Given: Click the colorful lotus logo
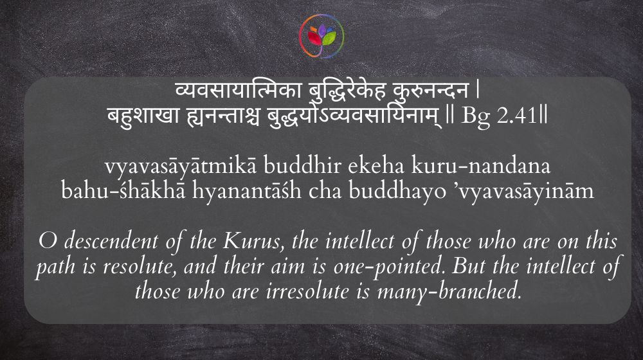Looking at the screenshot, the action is pos(321,36).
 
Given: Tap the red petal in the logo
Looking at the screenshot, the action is pos(314,39).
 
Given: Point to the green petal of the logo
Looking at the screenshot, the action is pos(329,38).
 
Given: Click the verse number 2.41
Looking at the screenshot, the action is pos(517,116).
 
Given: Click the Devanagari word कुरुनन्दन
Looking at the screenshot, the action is pos(430,91).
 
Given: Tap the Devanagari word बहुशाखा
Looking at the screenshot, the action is pos(143,116).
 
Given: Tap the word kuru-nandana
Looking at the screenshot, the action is pos(481,166).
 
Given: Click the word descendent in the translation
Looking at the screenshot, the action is pos(111,241).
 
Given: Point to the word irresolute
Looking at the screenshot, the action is pos(307,291).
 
